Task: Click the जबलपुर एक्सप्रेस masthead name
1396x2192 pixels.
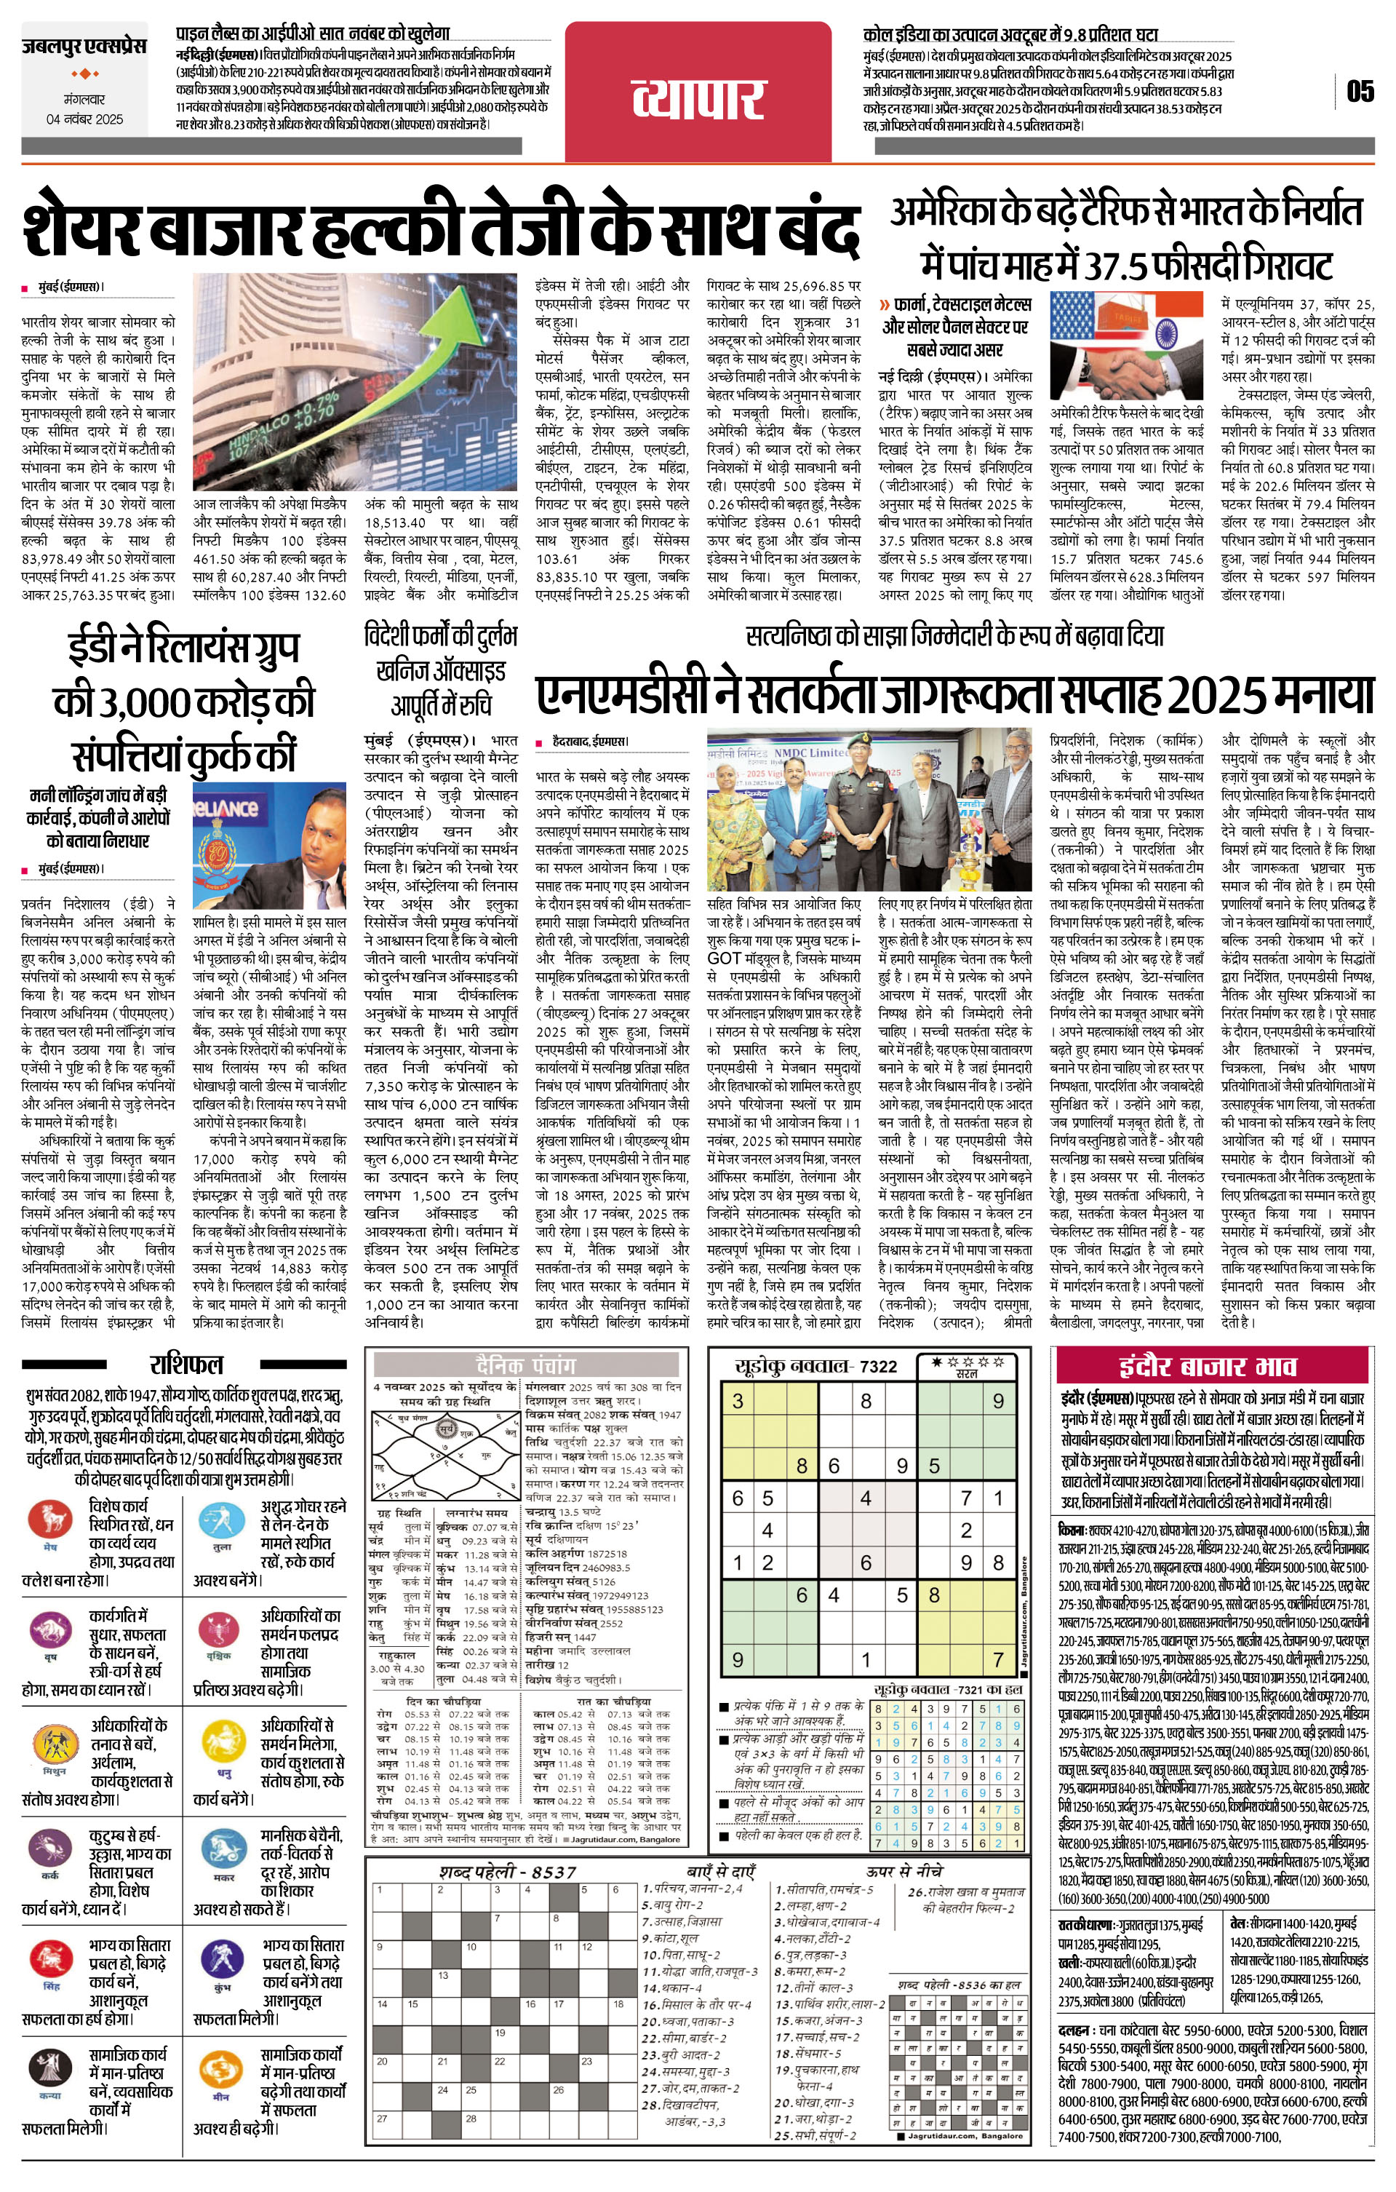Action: click(x=84, y=46)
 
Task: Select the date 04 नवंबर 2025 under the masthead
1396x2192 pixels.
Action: click(x=84, y=119)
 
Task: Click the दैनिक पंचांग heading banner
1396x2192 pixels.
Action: click(x=525, y=1365)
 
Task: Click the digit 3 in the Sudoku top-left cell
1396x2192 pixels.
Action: click(x=738, y=1401)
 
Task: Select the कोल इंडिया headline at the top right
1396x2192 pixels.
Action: click(x=1010, y=35)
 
